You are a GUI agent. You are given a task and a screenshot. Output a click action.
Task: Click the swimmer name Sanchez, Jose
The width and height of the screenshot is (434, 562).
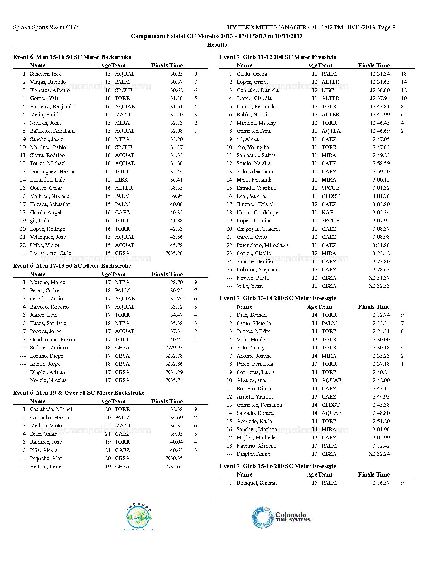click(46, 74)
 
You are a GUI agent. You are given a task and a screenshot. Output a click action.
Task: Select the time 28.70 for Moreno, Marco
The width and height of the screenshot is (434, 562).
click(176, 282)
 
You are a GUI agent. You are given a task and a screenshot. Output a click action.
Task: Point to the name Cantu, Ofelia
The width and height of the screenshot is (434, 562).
click(252, 74)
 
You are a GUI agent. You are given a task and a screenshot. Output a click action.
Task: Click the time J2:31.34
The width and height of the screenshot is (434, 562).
click(380, 74)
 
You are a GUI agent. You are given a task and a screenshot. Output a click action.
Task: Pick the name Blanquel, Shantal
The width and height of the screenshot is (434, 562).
click(257, 483)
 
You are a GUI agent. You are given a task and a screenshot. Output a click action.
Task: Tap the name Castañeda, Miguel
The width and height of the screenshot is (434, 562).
click(51, 409)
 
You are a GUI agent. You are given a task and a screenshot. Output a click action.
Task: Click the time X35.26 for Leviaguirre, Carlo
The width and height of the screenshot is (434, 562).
click(174, 253)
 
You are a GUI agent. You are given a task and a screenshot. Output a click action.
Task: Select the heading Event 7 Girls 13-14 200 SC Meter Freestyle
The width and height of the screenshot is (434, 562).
click(278, 298)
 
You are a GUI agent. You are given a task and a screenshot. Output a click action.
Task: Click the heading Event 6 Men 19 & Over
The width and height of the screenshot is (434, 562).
click(79, 393)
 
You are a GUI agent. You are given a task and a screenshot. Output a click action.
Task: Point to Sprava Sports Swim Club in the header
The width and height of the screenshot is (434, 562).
click(46, 27)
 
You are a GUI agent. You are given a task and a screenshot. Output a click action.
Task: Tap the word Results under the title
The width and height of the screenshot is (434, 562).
click(217, 45)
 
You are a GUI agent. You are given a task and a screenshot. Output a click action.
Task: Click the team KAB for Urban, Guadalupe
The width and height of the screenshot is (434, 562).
click(327, 213)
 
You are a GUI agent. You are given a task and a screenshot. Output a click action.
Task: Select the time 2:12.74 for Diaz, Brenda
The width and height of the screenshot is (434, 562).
click(381, 315)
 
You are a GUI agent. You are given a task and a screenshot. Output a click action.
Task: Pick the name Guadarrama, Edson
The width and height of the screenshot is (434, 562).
click(52, 340)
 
